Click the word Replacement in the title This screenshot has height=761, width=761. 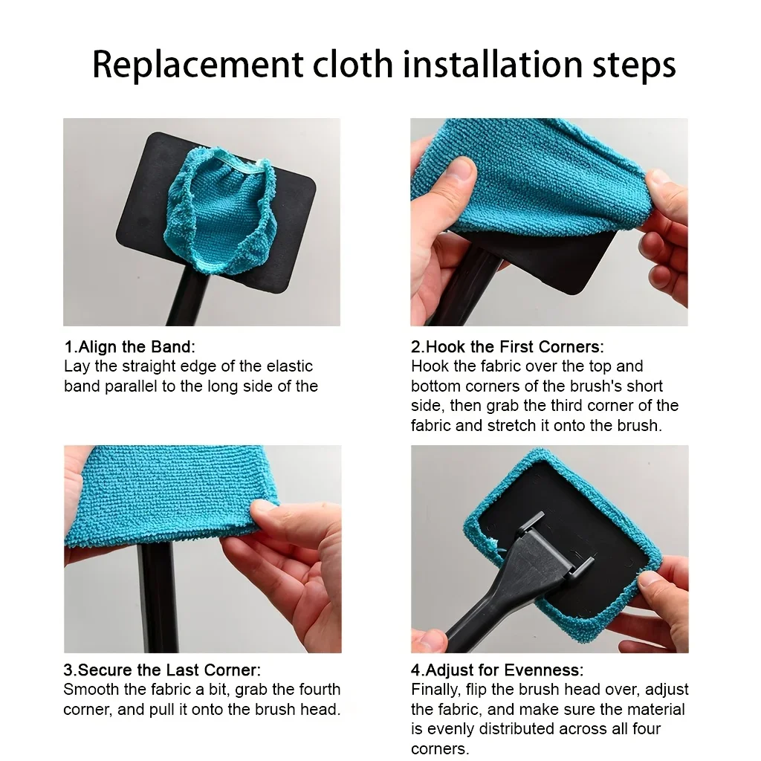click(198, 65)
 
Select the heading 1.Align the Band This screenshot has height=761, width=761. click(129, 346)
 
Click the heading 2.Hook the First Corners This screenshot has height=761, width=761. click(507, 346)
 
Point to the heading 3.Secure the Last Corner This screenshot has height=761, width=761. click(162, 670)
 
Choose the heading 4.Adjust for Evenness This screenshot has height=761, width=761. click(497, 670)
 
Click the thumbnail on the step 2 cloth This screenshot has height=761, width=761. click(459, 170)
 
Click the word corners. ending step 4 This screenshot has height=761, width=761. click(440, 749)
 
